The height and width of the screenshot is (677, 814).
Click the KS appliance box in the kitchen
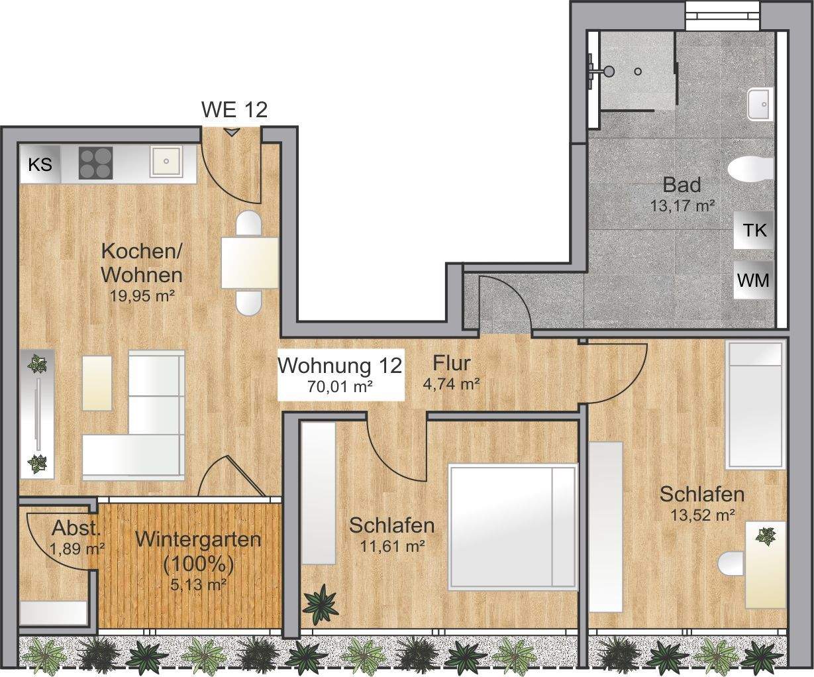coord(40,164)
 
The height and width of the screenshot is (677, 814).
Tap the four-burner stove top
coord(95,162)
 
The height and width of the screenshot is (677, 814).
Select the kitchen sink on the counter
coord(164,161)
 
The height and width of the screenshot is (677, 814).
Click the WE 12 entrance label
coord(234,110)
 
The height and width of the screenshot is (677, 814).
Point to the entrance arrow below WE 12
coord(231,132)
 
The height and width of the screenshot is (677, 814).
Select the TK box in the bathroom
coord(754,231)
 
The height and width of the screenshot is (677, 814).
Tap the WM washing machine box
coord(754,280)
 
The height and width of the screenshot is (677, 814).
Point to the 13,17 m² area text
coord(682,205)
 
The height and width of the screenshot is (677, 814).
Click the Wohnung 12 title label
coord(340,365)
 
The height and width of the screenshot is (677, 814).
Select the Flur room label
coord(452,363)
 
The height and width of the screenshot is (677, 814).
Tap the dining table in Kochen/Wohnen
coord(250,263)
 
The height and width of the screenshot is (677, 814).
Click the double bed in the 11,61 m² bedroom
coord(512,527)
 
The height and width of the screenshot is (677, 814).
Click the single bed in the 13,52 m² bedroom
coord(755,405)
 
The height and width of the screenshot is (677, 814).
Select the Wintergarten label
coord(197,539)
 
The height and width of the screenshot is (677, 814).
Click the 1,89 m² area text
coord(77,548)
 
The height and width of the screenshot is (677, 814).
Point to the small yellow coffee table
coord(97,383)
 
